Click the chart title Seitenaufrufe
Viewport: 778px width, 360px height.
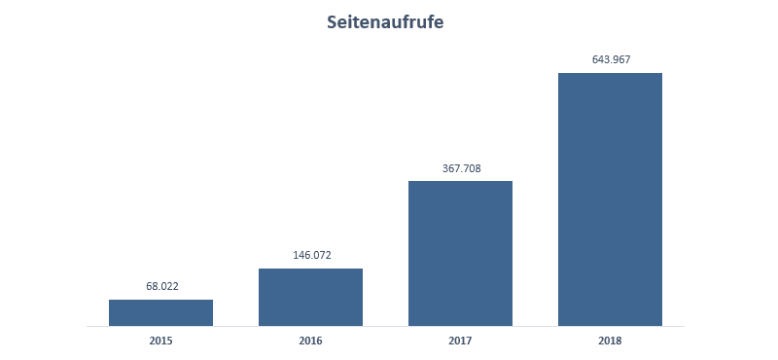[x=385, y=22]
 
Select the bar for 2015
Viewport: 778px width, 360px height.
[x=160, y=312]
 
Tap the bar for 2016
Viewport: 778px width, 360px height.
[x=310, y=297]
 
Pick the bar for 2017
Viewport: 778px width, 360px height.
[x=460, y=253]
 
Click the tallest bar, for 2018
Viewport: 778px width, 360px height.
[x=610, y=199]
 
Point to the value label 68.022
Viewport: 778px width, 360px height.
[x=160, y=286]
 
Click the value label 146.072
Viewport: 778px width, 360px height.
[x=310, y=255]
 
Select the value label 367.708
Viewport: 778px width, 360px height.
[x=460, y=168]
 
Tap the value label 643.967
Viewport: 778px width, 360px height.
[x=611, y=59]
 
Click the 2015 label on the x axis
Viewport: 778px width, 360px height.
[x=160, y=341]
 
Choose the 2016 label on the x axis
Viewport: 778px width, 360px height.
[x=310, y=341]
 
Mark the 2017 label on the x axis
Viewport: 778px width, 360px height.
[x=460, y=341]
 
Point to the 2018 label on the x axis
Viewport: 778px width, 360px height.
[x=610, y=341]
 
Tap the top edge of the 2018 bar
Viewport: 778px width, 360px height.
[x=610, y=74]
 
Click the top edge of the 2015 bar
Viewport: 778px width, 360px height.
[x=160, y=300]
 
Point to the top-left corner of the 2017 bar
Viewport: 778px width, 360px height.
[x=408, y=181]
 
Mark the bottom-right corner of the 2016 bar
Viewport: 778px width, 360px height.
[x=362, y=325]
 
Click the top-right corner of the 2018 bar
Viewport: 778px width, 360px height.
[x=661, y=74]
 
